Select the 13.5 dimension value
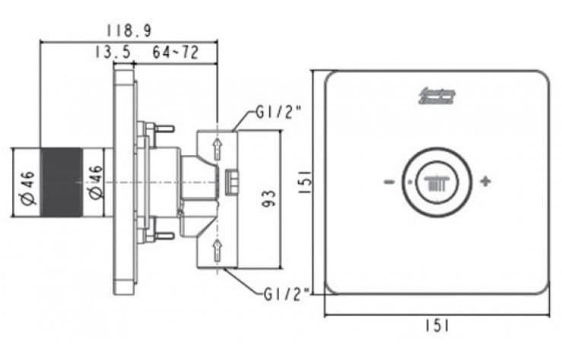pos(112,52)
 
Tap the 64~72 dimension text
pos(175,52)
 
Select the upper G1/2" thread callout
pos(278,113)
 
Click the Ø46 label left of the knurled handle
pos(27,183)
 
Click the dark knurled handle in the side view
pos(60,183)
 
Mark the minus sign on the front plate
pos(389,182)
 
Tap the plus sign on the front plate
pos(485,182)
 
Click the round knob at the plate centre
pos(436,183)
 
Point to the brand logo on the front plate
pos(436,97)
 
